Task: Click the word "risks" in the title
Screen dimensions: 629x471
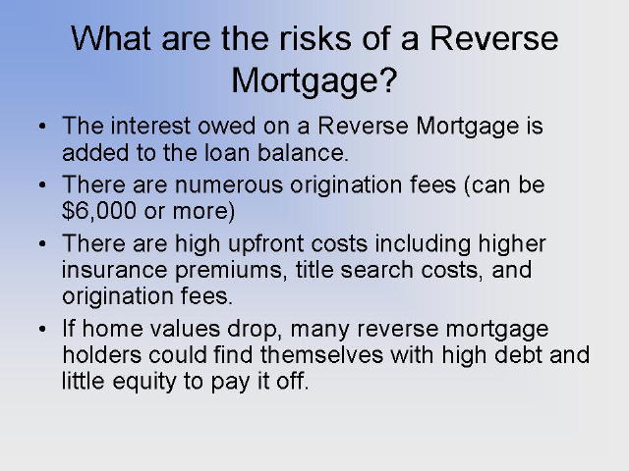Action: pyautogui.click(x=314, y=38)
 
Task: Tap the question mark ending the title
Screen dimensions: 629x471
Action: pyautogui.click(x=388, y=79)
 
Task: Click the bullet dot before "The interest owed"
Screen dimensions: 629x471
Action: pyautogui.click(x=42, y=127)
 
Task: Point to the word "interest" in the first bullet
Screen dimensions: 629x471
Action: pyautogui.click(x=150, y=126)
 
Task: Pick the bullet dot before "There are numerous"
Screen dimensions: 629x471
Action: pyautogui.click(x=42, y=185)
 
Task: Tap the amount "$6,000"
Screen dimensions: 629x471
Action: pyautogui.click(x=99, y=211)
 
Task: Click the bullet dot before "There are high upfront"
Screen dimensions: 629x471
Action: pyautogui.click(x=42, y=244)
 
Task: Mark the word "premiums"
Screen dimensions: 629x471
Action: pyautogui.click(x=228, y=271)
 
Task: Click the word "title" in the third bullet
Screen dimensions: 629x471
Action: pyautogui.click(x=314, y=269)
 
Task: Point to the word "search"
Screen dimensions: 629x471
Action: pyautogui.click(x=376, y=269)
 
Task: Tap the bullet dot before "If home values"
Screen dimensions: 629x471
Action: pyautogui.click(x=42, y=330)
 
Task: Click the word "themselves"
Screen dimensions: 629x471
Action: pyautogui.click(x=321, y=355)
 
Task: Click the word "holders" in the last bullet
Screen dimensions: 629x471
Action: pyautogui.click(x=102, y=355)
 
